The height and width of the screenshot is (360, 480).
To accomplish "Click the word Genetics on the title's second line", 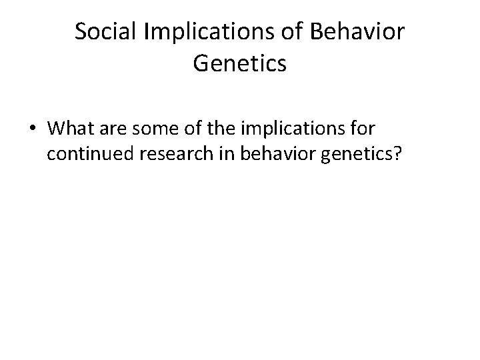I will (x=240, y=64).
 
